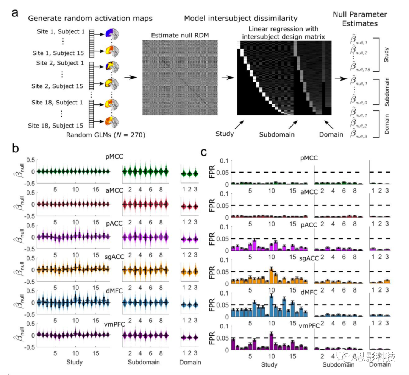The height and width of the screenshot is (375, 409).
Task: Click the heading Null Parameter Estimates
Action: point(360,19)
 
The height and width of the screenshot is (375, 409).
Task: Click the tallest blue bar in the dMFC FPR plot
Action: point(271,305)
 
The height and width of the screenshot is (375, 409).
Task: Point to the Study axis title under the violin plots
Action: point(74,362)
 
